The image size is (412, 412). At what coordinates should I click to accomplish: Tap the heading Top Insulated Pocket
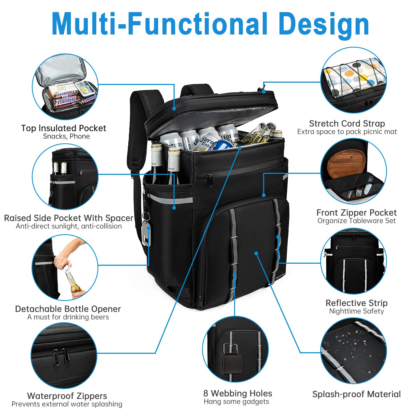pos(64,128)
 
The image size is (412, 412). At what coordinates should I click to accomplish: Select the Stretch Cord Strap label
pos(347,124)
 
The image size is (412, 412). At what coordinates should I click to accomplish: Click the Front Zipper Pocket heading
pos(356,212)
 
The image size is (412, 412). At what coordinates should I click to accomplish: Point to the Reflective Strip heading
pos(356,303)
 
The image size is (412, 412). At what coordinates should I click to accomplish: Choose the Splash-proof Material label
pos(356,394)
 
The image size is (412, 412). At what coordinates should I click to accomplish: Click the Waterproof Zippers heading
pos(67,396)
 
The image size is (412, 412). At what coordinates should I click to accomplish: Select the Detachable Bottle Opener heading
pos(68,309)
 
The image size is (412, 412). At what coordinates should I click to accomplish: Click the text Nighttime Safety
pos(356,311)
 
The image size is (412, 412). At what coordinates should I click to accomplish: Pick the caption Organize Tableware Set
pos(356,221)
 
